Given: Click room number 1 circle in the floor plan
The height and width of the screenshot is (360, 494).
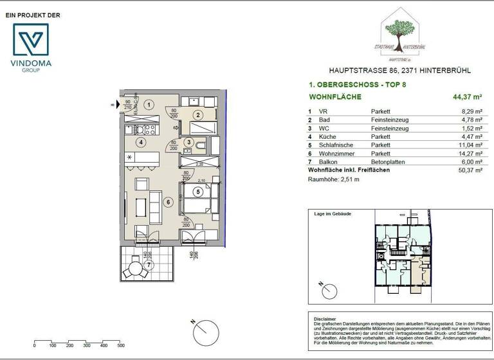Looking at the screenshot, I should pos(149,104).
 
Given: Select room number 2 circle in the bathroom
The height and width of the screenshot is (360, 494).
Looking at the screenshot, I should pos(199,116).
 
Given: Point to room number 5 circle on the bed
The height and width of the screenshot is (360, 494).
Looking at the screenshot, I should pos(199,191).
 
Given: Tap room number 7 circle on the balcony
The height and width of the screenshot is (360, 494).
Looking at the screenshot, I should pos(149,264).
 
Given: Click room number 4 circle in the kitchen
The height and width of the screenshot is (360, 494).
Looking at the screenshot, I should pos(141,142).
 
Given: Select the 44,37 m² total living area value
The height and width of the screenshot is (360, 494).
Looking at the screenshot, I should pos(468,97).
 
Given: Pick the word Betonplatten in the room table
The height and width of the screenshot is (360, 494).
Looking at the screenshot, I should pos(388,163).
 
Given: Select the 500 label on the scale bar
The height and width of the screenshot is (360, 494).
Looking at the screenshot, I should pos(120,345).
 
